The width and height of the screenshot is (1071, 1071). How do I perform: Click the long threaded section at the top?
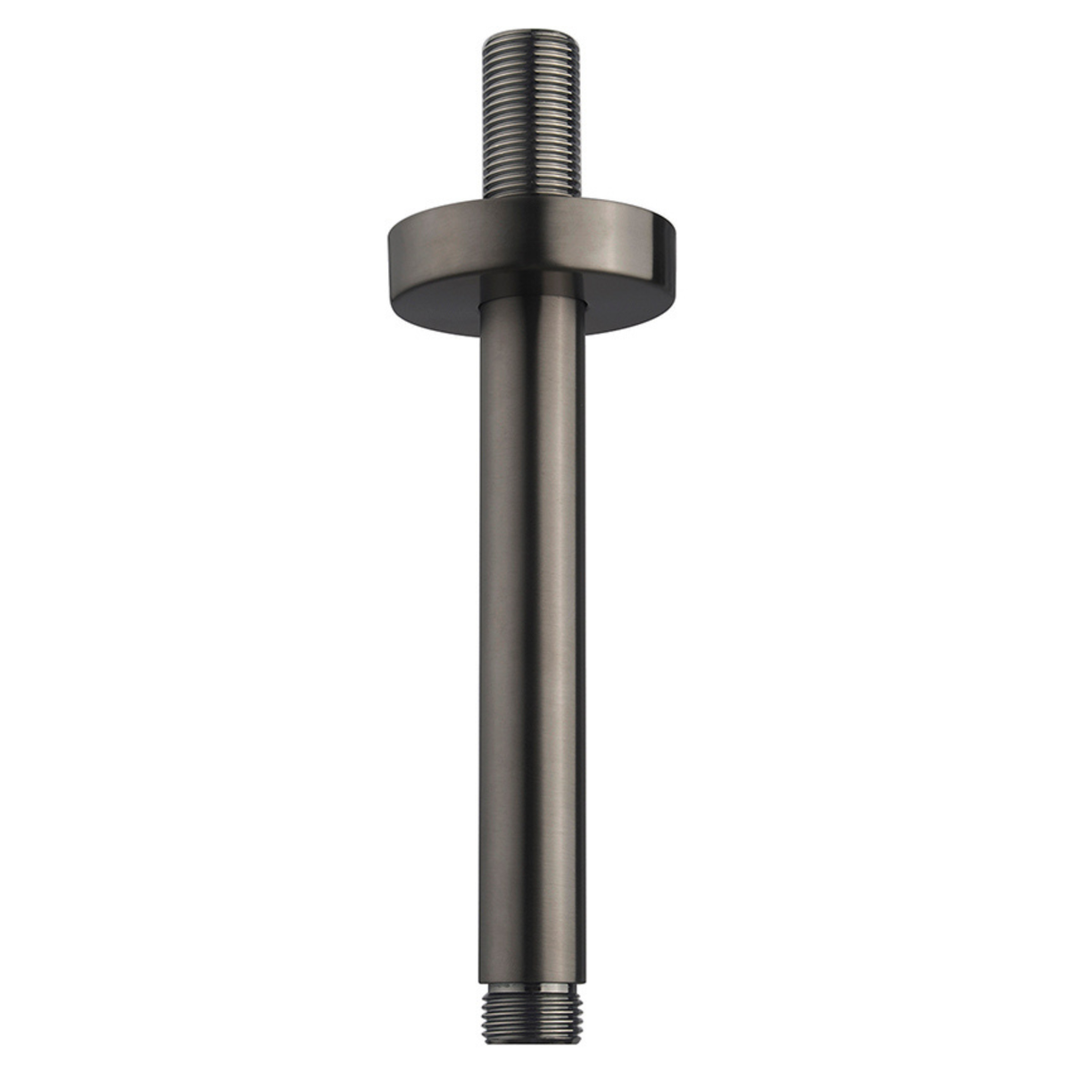(532, 116)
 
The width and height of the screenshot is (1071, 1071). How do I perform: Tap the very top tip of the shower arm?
(532, 33)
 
